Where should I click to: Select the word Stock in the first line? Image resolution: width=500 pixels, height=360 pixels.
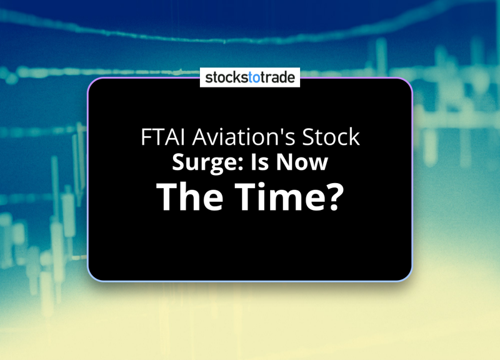pyautogui.click(x=331, y=137)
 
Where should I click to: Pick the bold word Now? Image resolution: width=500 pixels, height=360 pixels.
pyautogui.click(x=302, y=162)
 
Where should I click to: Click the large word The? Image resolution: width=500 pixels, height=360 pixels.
pyautogui.click(x=189, y=196)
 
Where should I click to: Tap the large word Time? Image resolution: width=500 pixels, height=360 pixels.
pyautogui.click(x=282, y=196)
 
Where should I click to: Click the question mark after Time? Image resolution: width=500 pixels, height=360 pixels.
pyautogui.click(x=337, y=196)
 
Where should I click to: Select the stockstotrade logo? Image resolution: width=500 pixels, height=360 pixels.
pyautogui.click(x=250, y=77)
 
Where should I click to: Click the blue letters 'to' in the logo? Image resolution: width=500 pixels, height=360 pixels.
pyautogui.click(x=254, y=77)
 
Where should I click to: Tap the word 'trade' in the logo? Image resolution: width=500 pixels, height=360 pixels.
pyautogui.click(x=277, y=77)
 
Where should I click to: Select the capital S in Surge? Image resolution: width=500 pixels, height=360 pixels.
pyautogui.click(x=179, y=162)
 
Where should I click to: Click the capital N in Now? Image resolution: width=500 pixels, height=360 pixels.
pyautogui.click(x=284, y=162)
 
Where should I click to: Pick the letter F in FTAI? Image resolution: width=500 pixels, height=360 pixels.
pyautogui.click(x=146, y=137)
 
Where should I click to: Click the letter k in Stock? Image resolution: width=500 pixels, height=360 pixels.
pyautogui.click(x=354, y=136)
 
